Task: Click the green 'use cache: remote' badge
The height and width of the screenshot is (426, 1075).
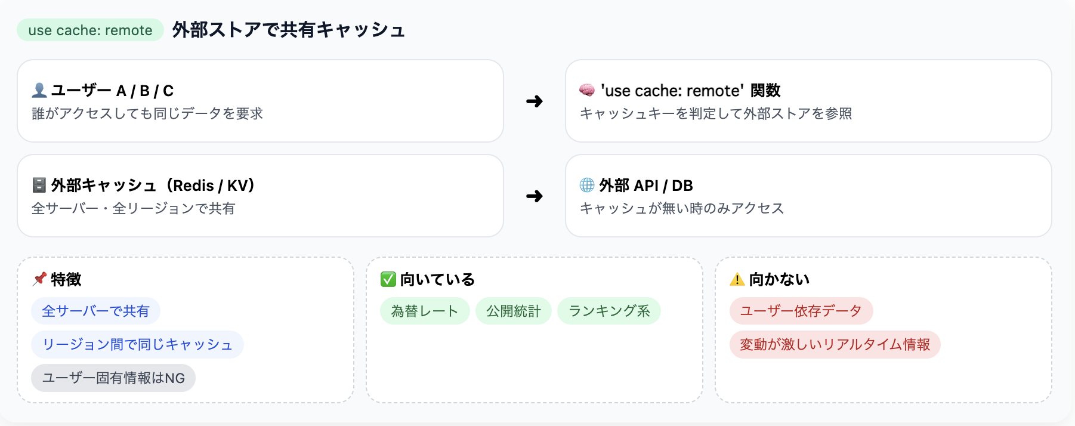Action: (90, 30)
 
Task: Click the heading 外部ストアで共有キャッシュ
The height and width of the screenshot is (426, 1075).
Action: (289, 30)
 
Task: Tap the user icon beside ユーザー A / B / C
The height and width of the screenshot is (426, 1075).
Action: (39, 90)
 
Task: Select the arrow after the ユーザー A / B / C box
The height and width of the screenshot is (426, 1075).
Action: (535, 101)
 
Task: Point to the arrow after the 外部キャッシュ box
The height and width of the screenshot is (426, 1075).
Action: (535, 196)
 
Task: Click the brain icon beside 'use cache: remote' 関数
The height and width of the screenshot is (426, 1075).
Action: (587, 90)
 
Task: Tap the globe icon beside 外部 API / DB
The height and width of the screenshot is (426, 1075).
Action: (587, 185)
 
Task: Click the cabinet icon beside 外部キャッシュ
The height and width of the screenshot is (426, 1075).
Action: (39, 185)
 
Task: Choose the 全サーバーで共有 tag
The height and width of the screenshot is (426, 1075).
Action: (95, 311)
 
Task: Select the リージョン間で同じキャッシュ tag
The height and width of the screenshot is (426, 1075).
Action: (137, 344)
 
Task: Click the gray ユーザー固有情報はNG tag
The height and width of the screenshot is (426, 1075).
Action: (113, 378)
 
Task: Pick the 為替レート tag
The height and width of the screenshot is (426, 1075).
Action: (425, 311)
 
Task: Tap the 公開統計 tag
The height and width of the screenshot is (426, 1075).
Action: (513, 311)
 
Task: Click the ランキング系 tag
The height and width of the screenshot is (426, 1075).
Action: (609, 311)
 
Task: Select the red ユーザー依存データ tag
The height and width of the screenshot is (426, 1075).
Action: (801, 311)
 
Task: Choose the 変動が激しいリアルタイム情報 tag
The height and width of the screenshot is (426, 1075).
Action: (835, 344)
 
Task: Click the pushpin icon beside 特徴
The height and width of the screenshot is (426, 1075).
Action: (39, 279)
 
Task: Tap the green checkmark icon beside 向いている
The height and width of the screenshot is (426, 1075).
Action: (388, 279)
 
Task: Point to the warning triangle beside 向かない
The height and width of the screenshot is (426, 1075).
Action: (737, 279)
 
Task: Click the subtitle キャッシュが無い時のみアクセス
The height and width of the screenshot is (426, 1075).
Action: (682, 208)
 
